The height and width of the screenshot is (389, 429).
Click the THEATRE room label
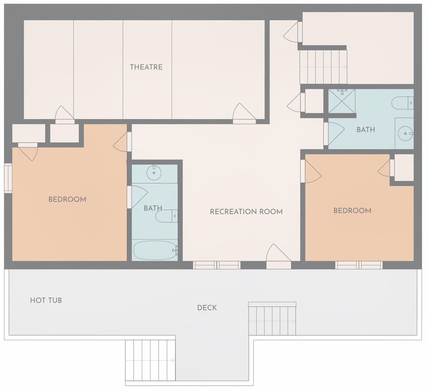tap(146, 67)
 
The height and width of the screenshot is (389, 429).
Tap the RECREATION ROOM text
tap(246, 211)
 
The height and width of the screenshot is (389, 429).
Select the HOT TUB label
tap(46, 300)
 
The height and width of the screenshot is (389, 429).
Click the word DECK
tap(207, 308)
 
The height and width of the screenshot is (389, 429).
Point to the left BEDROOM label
tap(67, 199)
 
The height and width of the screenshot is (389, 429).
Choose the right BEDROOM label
tap(352, 211)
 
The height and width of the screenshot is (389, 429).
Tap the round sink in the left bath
tap(154, 173)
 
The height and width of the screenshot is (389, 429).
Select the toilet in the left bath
tap(166, 216)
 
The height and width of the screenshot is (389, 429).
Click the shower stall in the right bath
tap(341, 101)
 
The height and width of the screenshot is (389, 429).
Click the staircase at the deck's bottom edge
tap(150, 360)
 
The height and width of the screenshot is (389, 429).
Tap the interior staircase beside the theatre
tap(323, 67)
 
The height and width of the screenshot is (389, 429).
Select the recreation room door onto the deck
tap(278, 257)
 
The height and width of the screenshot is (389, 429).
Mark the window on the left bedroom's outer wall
tap(8, 178)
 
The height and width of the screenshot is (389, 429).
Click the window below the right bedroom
tap(359, 265)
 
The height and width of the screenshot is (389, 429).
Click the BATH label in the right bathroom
tap(366, 130)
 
